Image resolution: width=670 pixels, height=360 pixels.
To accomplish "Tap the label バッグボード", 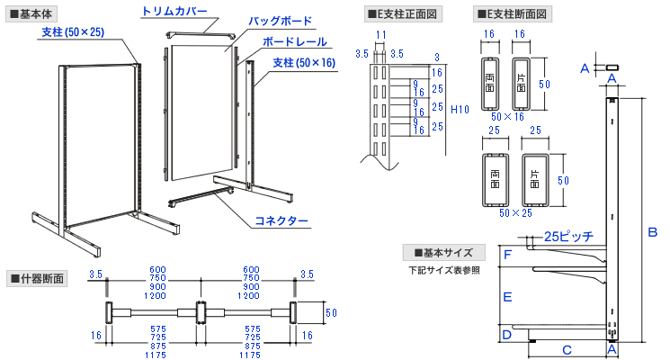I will tap(281, 21).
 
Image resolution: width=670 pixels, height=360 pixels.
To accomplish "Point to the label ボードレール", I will tap(293, 42).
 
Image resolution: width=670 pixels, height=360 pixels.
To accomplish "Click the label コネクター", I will tap(281, 220).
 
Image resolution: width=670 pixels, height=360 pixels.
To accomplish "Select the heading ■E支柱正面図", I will tap(402, 13).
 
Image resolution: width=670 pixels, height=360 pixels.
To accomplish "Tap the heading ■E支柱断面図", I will tap(513, 13).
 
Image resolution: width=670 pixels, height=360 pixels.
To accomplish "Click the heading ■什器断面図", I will tap(36, 277).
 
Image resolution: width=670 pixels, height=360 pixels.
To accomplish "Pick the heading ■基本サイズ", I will tap(443, 252).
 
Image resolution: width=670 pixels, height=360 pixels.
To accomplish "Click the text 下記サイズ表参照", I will tap(443, 269).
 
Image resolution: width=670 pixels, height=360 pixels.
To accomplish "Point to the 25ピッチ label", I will tap(568, 237).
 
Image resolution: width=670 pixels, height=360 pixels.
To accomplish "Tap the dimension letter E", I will tap(508, 295).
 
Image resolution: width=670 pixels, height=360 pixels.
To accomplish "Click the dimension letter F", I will tap(508, 256).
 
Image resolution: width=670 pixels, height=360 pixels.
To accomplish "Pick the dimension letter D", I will tap(508, 335).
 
